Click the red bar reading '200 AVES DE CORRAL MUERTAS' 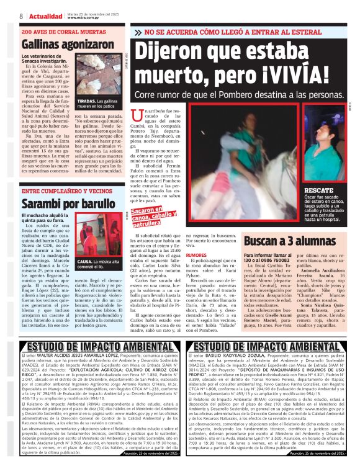click(x=63, y=31)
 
